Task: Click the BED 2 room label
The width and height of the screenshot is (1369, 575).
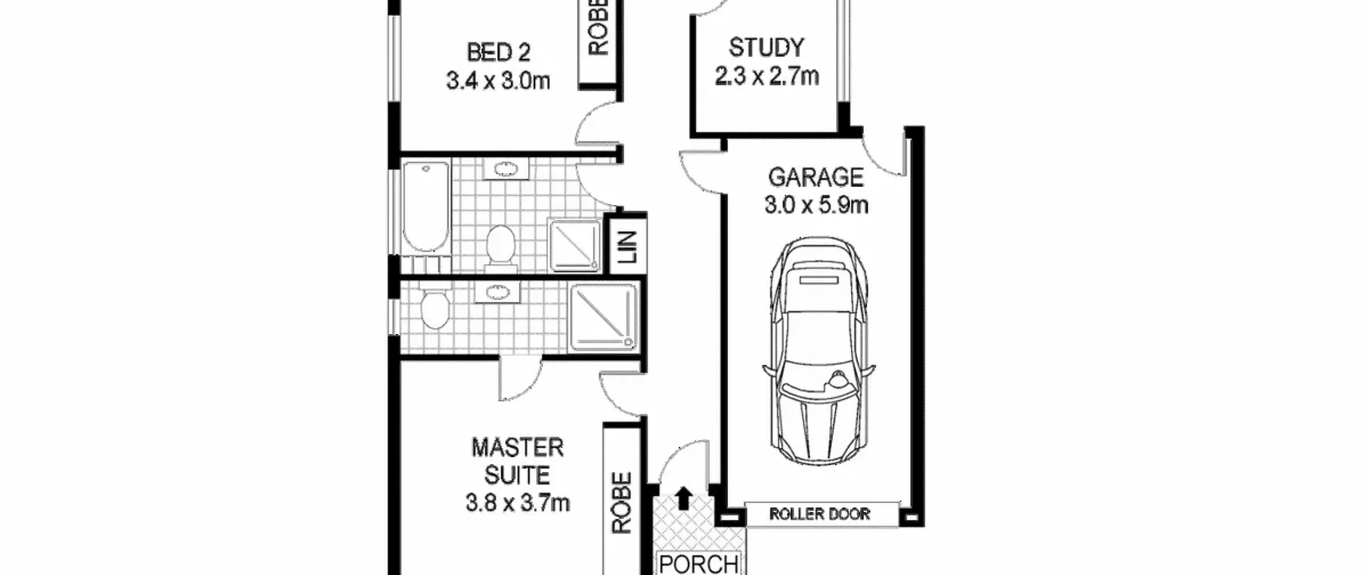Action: pyautogui.click(x=498, y=52)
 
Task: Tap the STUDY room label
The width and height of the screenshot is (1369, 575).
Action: pyautogui.click(x=766, y=48)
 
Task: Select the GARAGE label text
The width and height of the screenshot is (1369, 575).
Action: pyautogui.click(x=816, y=177)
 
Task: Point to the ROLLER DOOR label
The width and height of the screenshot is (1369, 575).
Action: pyautogui.click(x=819, y=514)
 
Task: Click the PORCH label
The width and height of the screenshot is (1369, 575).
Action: pyautogui.click(x=699, y=564)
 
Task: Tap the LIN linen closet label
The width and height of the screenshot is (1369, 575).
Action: pyautogui.click(x=628, y=247)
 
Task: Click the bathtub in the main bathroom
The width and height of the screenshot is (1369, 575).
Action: pyautogui.click(x=425, y=207)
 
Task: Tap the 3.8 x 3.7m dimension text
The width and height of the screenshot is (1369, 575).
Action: pyautogui.click(x=518, y=503)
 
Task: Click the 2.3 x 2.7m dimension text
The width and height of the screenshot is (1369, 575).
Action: pyautogui.click(x=766, y=76)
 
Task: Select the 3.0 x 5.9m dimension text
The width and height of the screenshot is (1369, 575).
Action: pyautogui.click(x=816, y=205)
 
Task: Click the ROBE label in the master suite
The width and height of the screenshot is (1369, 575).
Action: pyautogui.click(x=622, y=503)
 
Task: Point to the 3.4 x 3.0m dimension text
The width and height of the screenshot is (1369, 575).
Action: pyautogui.click(x=498, y=81)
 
